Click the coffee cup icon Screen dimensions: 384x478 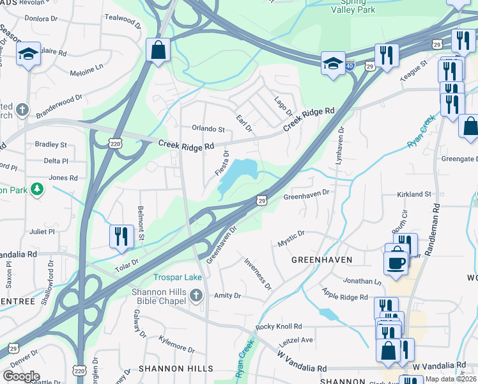pos(396,262)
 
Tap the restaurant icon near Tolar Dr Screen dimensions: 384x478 pos(121,236)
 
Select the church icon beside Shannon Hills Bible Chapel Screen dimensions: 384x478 pos(196,295)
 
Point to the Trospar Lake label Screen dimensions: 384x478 pos(178,277)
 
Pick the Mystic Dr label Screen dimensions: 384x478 pos(291,239)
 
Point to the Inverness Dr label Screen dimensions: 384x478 pos(258,273)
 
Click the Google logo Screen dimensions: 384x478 pos(21,376)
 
